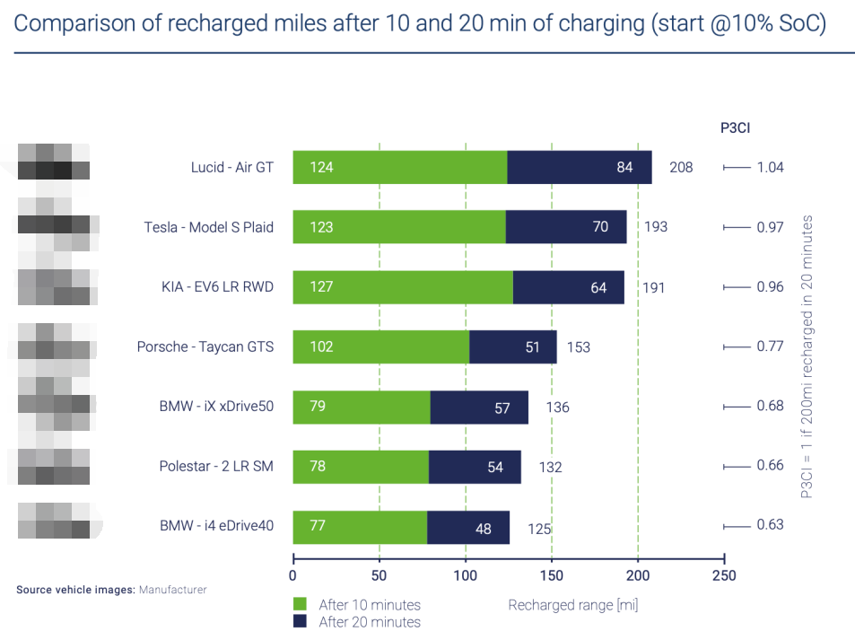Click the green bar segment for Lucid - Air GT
pos(399,168)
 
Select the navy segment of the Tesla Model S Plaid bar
pos(565,227)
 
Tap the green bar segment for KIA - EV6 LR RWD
pos(403,287)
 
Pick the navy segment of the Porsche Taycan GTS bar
pos(512,347)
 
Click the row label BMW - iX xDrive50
pos(215,407)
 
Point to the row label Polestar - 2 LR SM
pos(215,467)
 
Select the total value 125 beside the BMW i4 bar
pos(539,529)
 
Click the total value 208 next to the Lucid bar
pos(681,168)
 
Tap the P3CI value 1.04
pos(770,168)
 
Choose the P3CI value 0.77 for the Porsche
pos(770,346)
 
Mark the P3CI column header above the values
pos(735,127)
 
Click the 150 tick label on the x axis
pos(552,575)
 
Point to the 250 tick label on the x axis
pos(723,575)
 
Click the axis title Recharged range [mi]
pos(572,604)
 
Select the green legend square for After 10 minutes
pos(301,604)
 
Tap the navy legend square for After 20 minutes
pos(301,621)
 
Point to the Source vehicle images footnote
pos(111,590)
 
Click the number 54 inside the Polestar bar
pos(494,468)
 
